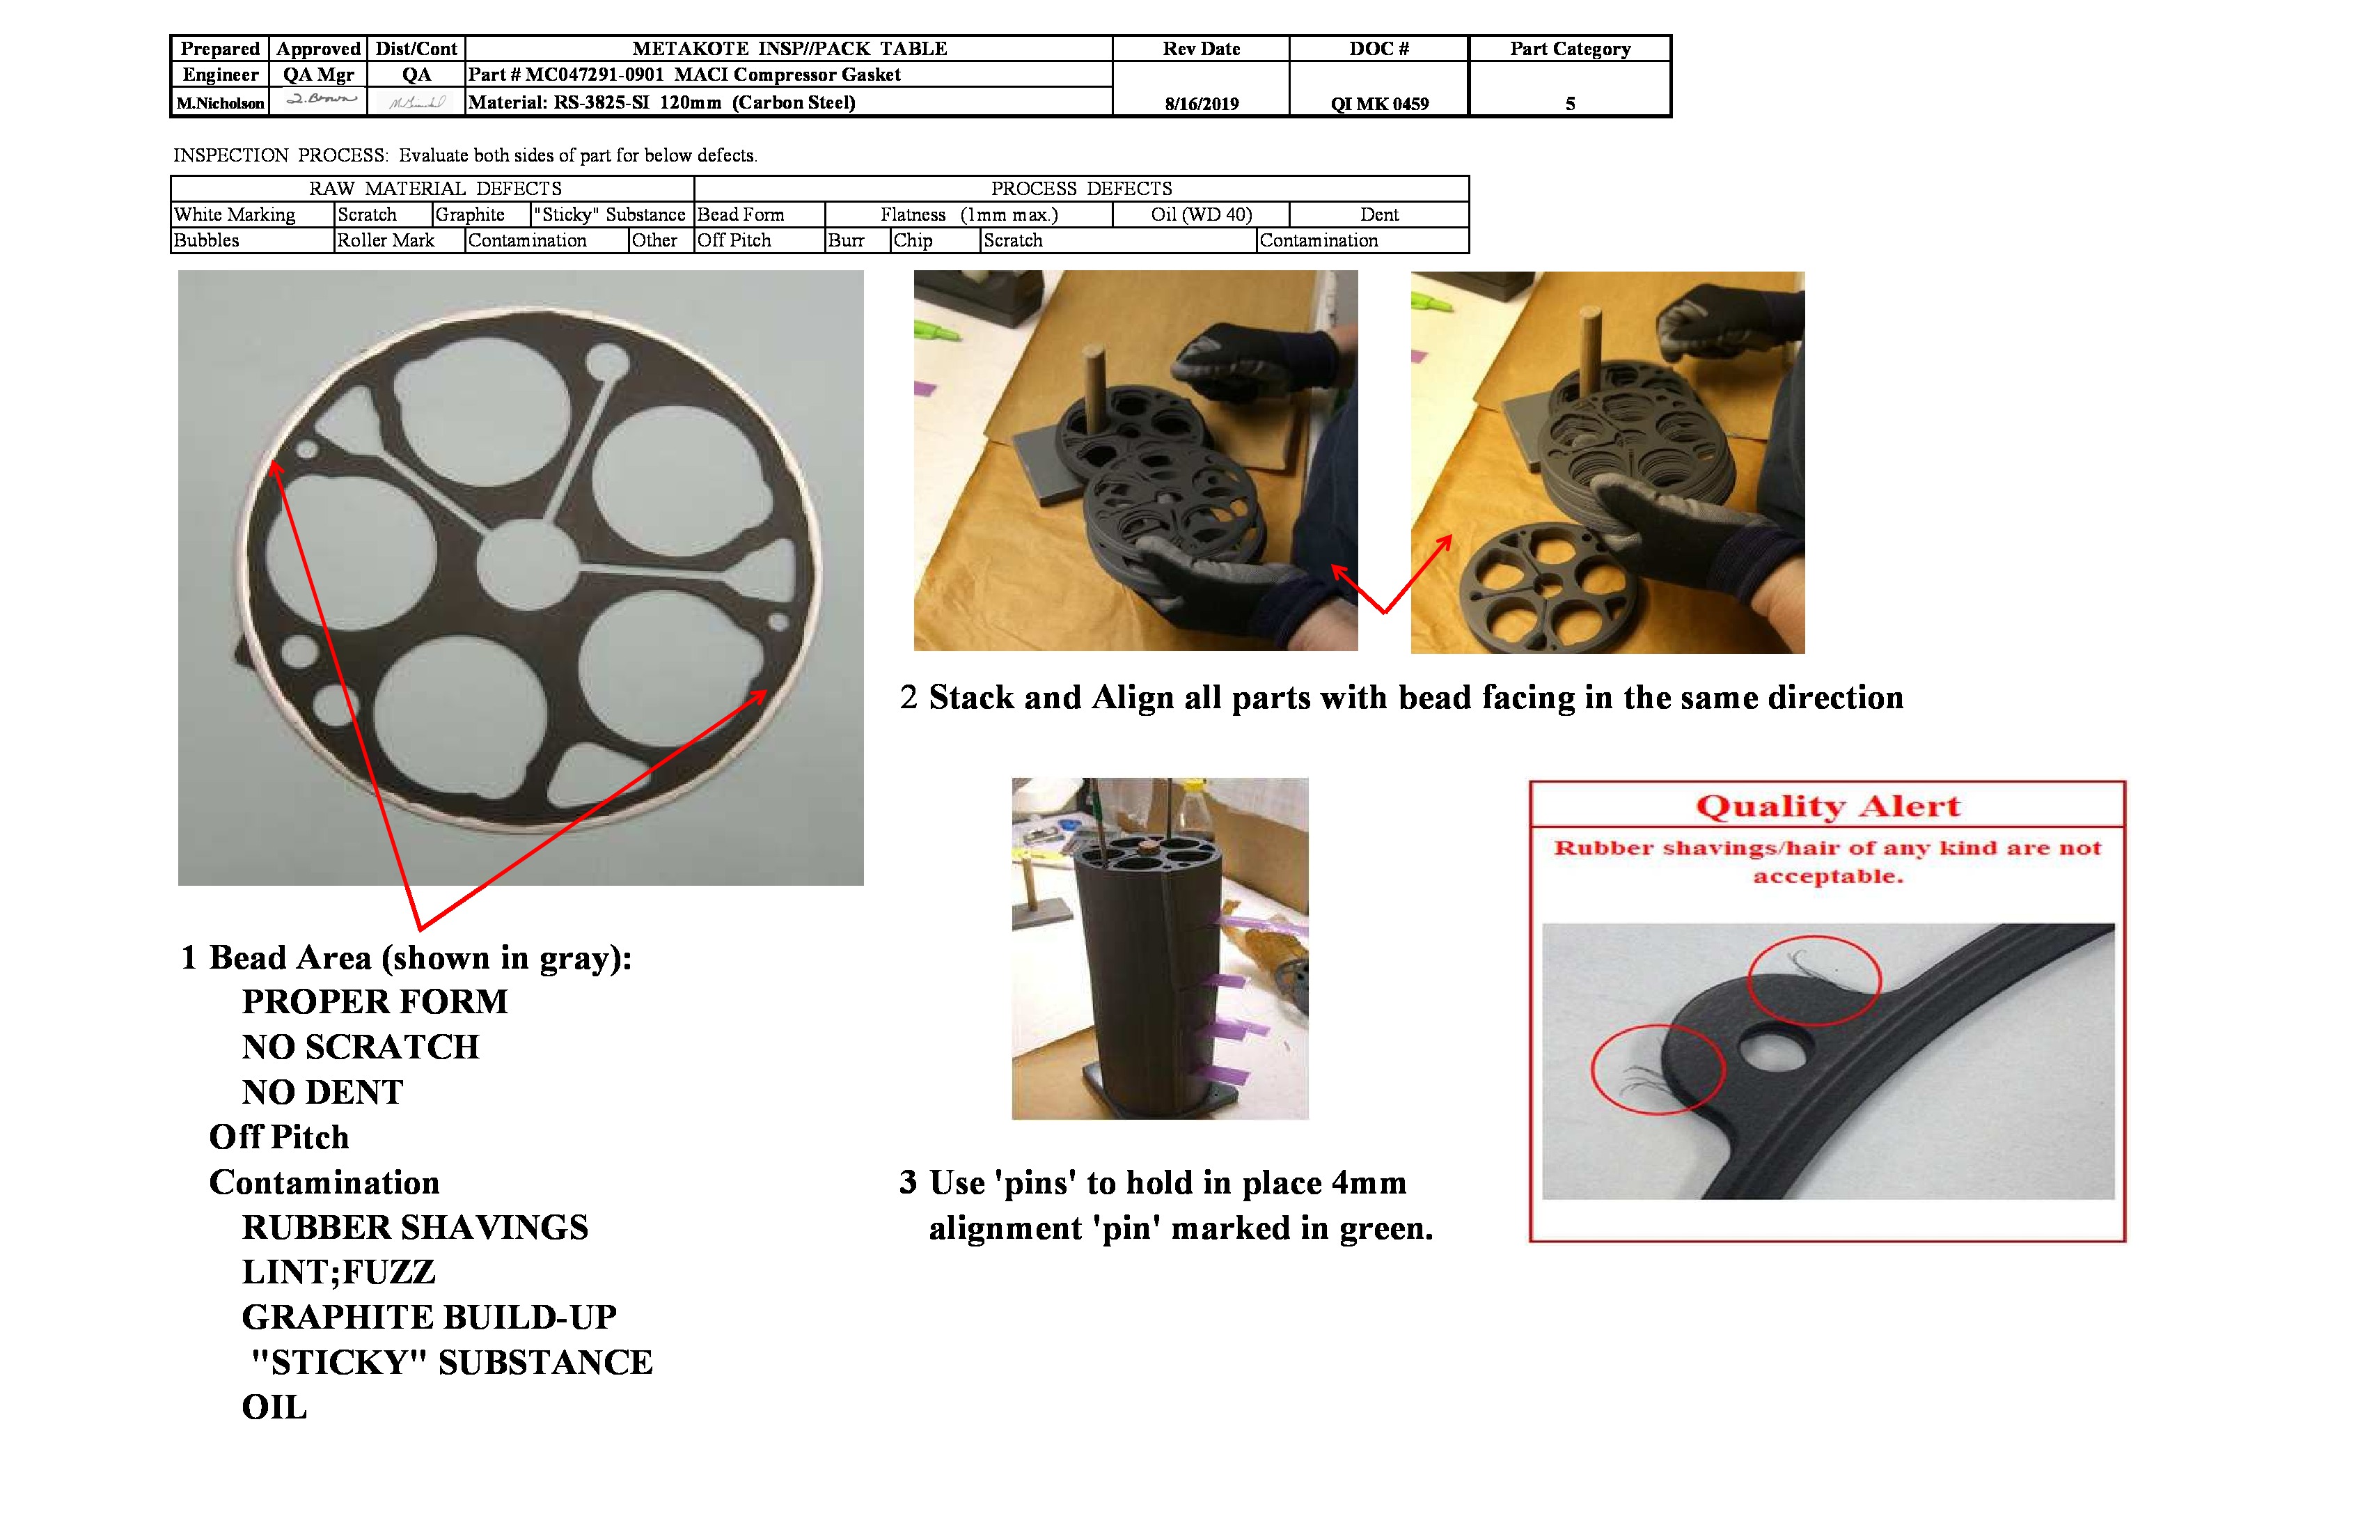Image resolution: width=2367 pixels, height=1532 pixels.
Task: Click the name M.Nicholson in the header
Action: click(x=220, y=102)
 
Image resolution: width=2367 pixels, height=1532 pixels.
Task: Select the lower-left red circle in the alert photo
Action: click(x=1657, y=1070)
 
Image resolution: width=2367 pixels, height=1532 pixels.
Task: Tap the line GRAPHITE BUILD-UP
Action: click(x=429, y=1316)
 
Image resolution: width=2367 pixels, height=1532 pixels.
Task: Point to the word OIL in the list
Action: click(x=274, y=1407)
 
